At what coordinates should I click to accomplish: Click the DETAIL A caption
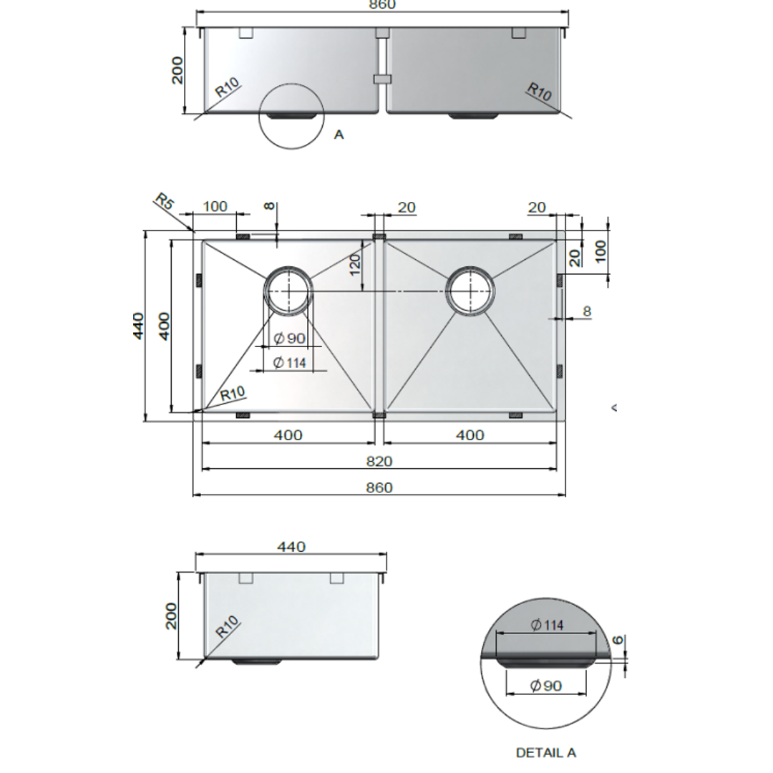click(x=545, y=752)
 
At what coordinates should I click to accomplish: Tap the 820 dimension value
click(x=379, y=462)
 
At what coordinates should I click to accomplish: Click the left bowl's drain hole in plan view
click(x=288, y=291)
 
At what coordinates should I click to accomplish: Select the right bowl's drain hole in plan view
click(x=470, y=291)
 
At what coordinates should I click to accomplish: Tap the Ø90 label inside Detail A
click(x=546, y=686)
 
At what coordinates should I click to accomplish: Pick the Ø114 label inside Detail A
click(x=547, y=625)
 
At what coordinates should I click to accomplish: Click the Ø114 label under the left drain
click(x=289, y=363)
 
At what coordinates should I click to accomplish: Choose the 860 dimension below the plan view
click(x=379, y=487)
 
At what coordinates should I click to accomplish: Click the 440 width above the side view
click(x=291, y=547)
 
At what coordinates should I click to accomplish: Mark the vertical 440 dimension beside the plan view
click(x=138, y=326)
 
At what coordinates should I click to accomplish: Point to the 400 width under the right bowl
click(x=470, y=434)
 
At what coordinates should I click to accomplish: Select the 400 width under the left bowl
click(x=288, y=434)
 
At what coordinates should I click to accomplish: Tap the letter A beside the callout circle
click(x=339, y=134)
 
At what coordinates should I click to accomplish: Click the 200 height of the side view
click(x=170, y=616)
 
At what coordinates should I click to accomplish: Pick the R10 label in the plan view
click(x=233, y=393)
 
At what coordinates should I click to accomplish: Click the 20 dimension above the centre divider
click(x=406, y=208)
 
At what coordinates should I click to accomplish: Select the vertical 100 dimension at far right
click(x=600, y=250)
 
